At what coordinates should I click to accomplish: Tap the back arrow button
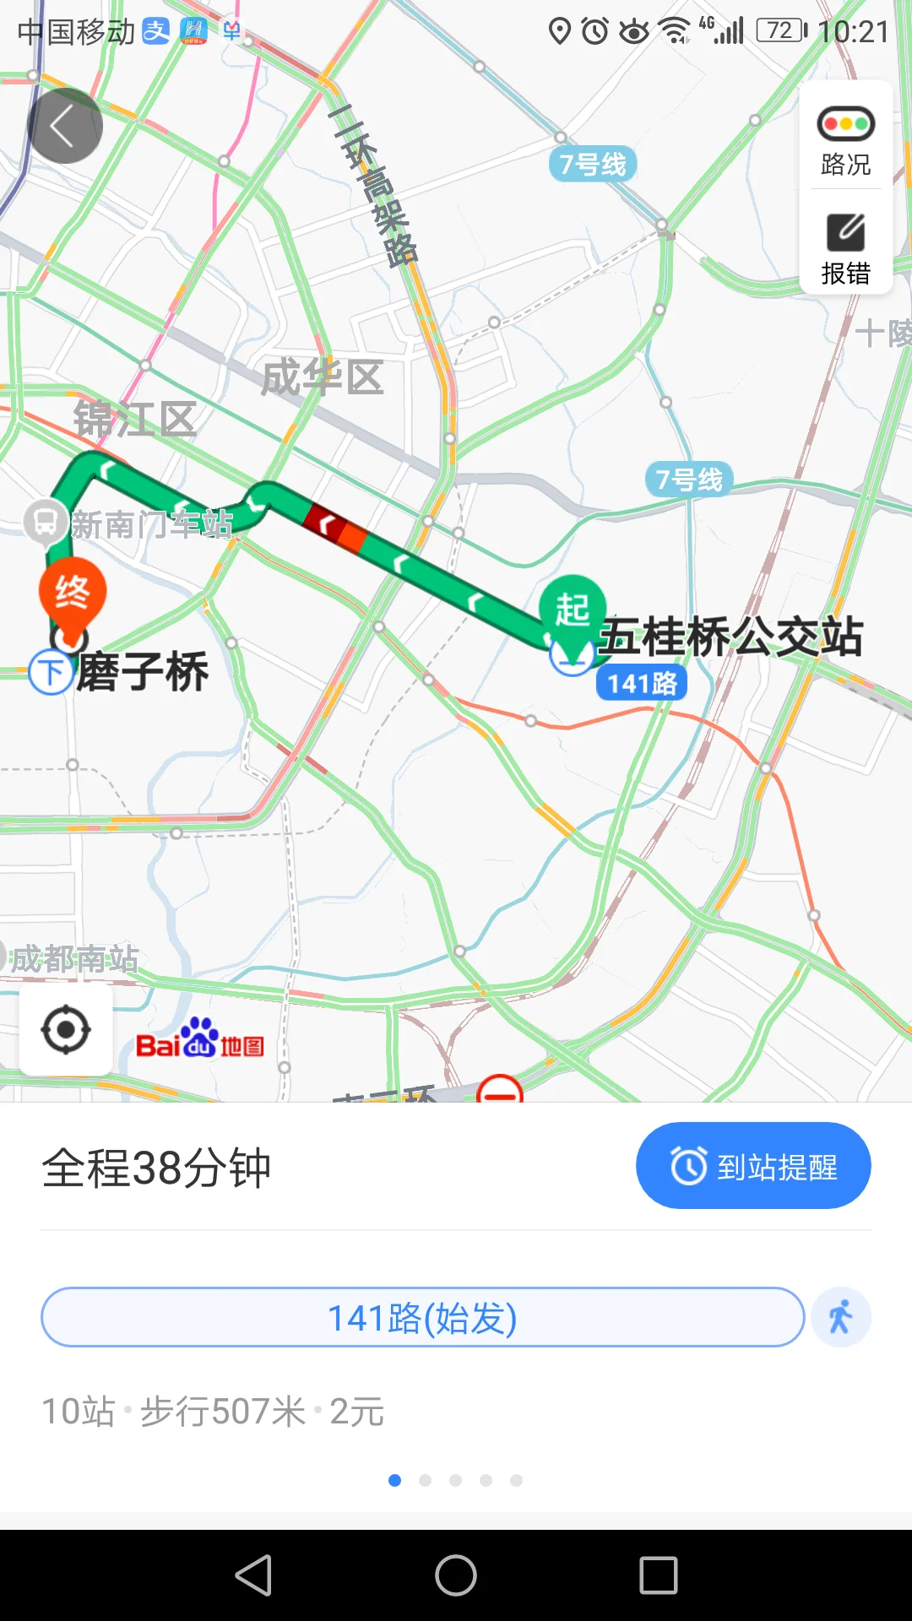(x=65, y=126)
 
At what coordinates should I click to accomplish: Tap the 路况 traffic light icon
(x=845, y=124)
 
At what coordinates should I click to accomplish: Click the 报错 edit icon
(x=845, y=232)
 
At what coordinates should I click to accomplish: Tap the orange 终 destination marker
(x=73, y=594)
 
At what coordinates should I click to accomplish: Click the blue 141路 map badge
(x=642, y=683)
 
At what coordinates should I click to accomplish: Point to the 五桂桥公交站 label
(x=731, y=637)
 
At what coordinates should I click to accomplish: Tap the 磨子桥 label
(x=143, y=672)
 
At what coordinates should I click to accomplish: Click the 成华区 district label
(x=322, y=377)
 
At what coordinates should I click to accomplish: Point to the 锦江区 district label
(x=135, y=420)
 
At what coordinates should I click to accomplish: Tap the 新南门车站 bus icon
(x=46, y=523)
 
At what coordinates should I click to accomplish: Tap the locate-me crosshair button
(x=66, y=1030)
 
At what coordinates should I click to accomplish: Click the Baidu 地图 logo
(x=200, y=1039)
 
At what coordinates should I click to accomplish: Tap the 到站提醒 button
(x=753, y=1166)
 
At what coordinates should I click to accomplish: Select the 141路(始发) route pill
(x=422, y=1317)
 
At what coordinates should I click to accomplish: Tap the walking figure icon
(x=840, y=1317)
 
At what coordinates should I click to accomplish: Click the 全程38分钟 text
(x=156, y=1168)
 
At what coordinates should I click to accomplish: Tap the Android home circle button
(x=456, y=1575)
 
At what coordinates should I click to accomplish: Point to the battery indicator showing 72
(x=781, y=31)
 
